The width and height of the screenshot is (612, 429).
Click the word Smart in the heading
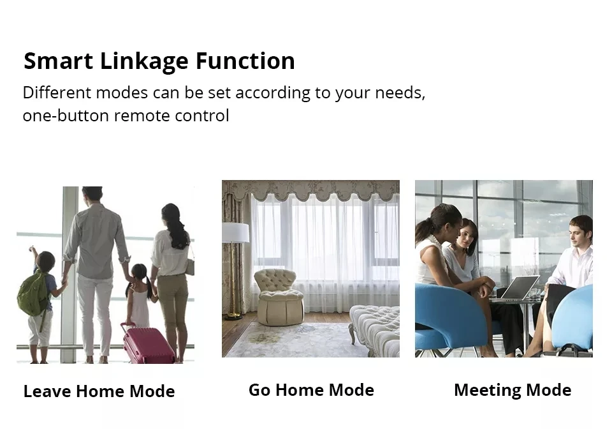59,61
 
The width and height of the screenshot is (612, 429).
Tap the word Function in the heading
245,61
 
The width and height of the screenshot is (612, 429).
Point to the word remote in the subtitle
142,116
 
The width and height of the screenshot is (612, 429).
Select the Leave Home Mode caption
99,391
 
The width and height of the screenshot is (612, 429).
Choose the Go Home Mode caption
312,390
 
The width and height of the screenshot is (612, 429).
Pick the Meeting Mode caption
513,390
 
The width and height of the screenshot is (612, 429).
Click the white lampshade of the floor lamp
235,233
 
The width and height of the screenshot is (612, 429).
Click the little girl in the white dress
140,295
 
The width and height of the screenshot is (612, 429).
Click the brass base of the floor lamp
234,315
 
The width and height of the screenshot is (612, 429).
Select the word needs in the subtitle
398,93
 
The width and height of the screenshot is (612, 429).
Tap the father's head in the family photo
92,193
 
